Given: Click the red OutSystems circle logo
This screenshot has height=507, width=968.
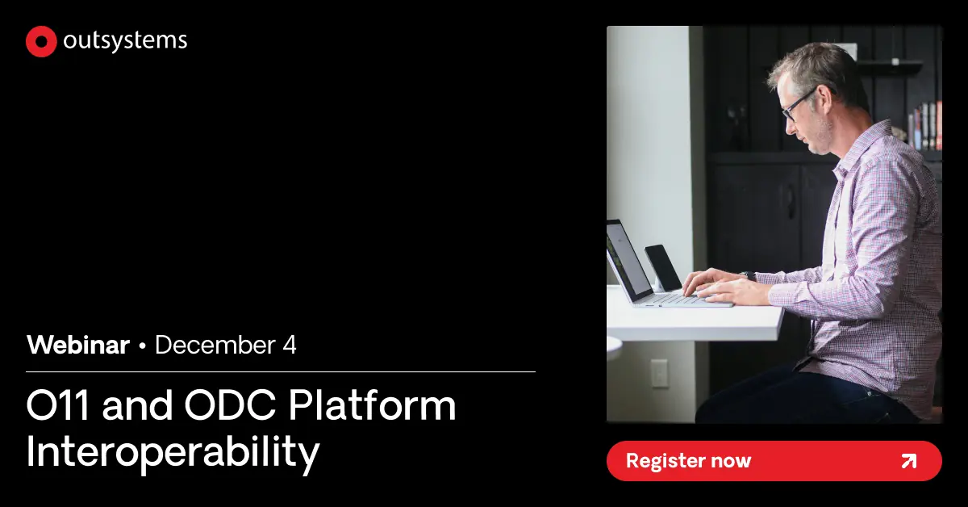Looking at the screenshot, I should tap(41, 42).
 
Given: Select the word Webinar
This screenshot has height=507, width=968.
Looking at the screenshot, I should tap(77, 346).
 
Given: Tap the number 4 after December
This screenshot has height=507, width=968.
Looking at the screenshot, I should tap(290, 346).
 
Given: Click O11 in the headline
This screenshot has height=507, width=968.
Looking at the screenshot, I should tap(60, 406).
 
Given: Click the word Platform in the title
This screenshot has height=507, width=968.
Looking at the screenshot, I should tap(372, 406).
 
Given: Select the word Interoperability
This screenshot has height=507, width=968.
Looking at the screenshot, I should tap(173, 453).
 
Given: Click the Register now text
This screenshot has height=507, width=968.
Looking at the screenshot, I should tap(688, 461).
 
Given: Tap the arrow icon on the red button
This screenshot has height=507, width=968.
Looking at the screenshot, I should tap(908, 461).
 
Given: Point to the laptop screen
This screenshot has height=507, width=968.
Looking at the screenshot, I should tap(628, 259).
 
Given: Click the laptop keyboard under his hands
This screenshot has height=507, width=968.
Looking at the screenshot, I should tap(678, 298).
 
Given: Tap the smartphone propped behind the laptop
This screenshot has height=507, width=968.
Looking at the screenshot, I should tap(663, 267).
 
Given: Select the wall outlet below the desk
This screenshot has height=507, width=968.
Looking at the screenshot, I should tap(659, 372).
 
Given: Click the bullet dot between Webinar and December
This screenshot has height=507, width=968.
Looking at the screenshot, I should tap(143, 346).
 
